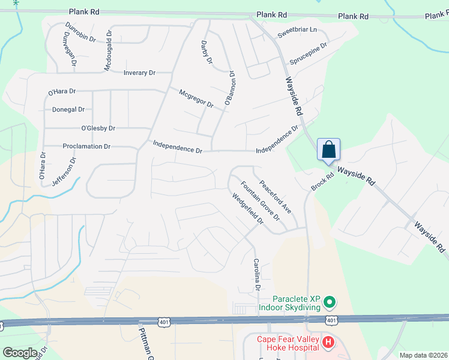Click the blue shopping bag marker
click(x=329, y=150)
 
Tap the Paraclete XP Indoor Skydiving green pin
click(x=329, y=301)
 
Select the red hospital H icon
click(x=328, y=343)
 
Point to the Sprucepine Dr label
click(x=308, y=53)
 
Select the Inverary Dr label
click(x=139, y=73)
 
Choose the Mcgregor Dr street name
click(x=196, y=98)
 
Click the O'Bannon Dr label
click(x=229, y=88)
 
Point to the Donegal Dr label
click(x=68, y=110)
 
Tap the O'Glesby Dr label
click(x=98, y=128)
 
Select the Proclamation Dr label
click(x=86, y=146)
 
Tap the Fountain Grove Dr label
click(x=260, y=200)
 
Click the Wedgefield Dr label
click(x=247, y=208)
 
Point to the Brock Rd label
click(x=322, y=183)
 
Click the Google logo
click(x=20, y=353)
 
